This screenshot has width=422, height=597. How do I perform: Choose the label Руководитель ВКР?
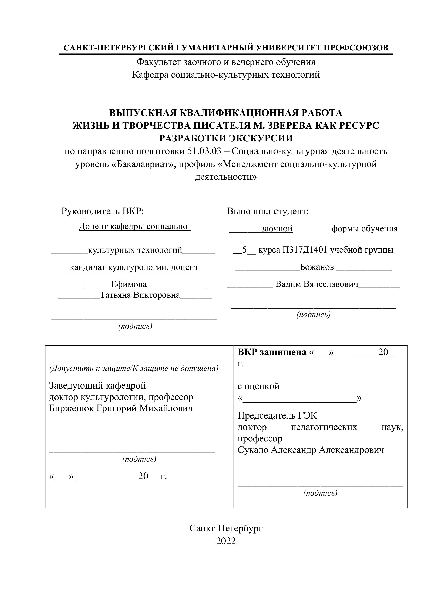click(102, 211)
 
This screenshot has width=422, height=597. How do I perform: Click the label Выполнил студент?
click(268, 211)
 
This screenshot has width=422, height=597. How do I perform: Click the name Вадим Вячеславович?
click(316, 284)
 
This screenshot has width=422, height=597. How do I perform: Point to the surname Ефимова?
click(129, 284)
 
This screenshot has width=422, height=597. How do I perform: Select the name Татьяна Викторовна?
click(140, 295)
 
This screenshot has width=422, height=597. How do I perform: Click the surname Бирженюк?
click(71, 408)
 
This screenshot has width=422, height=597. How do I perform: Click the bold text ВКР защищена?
click(272, 352)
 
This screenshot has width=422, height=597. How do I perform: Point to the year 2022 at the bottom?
click(226, 541)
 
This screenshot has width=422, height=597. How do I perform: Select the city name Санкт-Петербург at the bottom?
click(226, 528)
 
